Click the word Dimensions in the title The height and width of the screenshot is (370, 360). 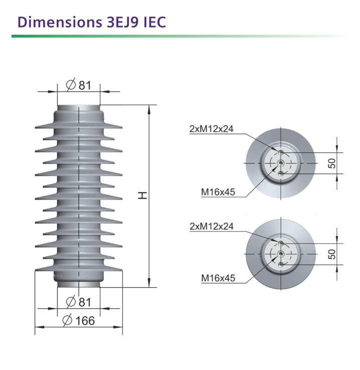60,22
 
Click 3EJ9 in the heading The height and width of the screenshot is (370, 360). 122,22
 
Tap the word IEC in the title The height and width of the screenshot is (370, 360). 154,22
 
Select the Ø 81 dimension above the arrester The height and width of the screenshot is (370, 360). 79,85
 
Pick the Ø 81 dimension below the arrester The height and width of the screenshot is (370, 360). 79,302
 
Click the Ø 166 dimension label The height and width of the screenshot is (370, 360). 79,321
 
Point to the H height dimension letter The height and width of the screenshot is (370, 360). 142,196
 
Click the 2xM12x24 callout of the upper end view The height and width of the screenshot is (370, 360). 212,129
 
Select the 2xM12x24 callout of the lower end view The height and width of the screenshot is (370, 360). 212,226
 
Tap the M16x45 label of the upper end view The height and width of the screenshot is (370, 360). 218,192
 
